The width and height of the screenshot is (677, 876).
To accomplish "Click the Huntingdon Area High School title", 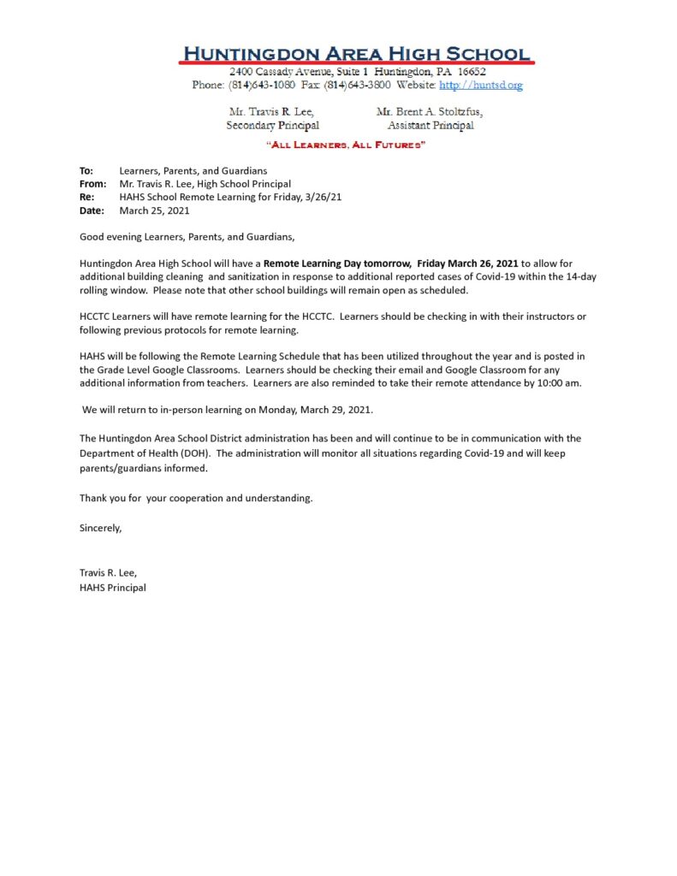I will click(x=356, y=53).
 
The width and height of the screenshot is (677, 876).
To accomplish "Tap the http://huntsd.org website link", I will click(x=480, y=86).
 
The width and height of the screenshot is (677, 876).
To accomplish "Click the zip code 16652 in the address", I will click(x=471, y=72).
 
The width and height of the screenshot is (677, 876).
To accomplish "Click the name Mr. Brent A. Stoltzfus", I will click(x=430, y=112).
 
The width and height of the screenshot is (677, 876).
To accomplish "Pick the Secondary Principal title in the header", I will click(x=272, y=126).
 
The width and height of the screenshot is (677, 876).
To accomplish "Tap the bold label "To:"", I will click(x=86, y=171).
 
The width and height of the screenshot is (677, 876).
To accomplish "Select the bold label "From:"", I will click(x=92, y=184).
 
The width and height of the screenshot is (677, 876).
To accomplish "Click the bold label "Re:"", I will click(x=86, y=197).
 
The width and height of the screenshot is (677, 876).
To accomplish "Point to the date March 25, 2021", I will click(x=154, y=210).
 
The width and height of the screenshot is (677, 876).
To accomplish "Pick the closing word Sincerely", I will click(x=101, y=528).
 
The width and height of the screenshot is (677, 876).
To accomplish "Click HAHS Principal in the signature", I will click(x=113, y=588).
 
